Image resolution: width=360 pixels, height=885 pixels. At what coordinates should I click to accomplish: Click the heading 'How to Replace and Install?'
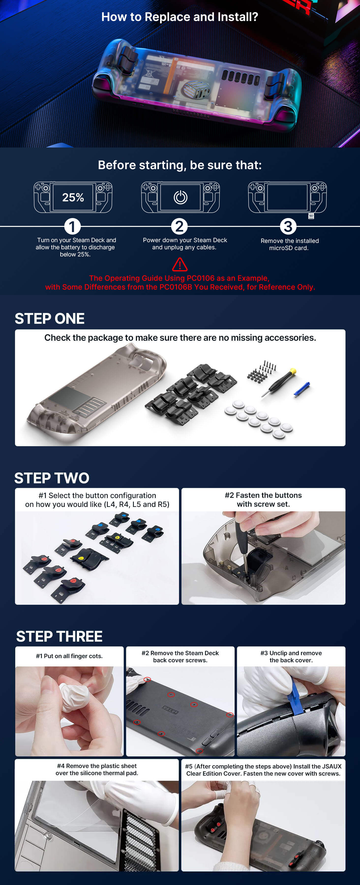(x=180, y=17)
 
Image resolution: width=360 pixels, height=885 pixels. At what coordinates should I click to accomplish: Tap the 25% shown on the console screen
(x=73, y=197)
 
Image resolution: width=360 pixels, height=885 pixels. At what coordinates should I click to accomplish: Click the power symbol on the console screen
(x=180, y=197)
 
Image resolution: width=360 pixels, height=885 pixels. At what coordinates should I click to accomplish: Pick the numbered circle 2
(x=179, y=226)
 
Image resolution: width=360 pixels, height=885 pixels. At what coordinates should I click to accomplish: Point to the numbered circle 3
(x=288, y=226)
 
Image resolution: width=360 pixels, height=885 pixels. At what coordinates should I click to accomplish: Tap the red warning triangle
(x=180, y=265)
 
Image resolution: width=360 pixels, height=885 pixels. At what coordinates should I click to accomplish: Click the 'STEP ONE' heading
(x=49, y=318)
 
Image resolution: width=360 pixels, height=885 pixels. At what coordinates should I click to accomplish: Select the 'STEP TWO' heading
(x=52, y=478)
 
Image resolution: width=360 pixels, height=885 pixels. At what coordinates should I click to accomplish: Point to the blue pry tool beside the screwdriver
(x=302, y=389)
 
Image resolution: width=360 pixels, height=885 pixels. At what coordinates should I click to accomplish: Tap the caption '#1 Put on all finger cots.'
(x=69, y=656)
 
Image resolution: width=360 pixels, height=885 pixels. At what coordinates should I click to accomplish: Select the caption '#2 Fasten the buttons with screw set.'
(x=263, y=500)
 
